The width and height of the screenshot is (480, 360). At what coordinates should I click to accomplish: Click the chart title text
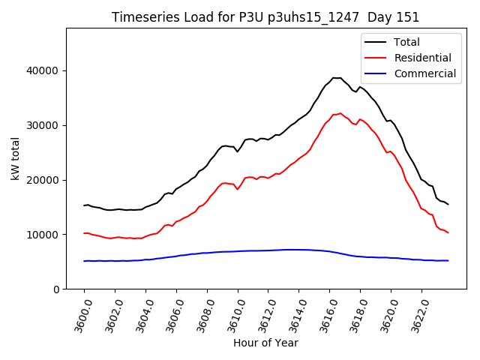[265, 17]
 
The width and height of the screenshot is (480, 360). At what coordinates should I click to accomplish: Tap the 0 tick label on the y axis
[56, 289]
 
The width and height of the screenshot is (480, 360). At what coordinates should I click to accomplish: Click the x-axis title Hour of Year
[265, 343]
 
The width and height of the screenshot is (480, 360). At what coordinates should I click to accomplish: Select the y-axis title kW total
[16, 159]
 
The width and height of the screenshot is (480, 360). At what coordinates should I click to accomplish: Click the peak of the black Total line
[334, 78]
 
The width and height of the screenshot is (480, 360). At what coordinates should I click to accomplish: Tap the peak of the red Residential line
[340, 113]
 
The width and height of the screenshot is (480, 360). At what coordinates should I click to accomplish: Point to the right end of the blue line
[448, 261]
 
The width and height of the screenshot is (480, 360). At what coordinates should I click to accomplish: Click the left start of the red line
[84, 233]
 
